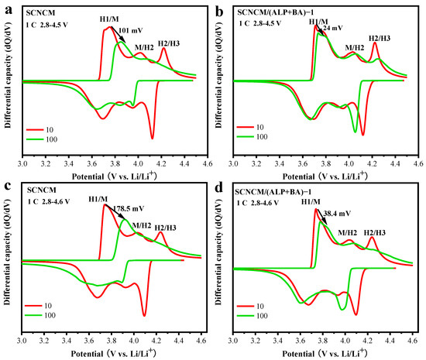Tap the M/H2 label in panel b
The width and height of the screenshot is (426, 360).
coord(355,46)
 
